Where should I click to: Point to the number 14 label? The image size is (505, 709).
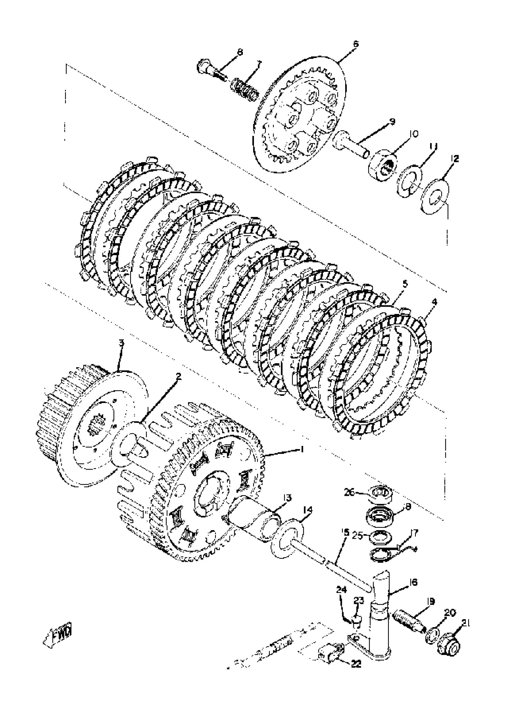[x=308, y=510]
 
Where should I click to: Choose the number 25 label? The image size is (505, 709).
[x=358, y=536]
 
